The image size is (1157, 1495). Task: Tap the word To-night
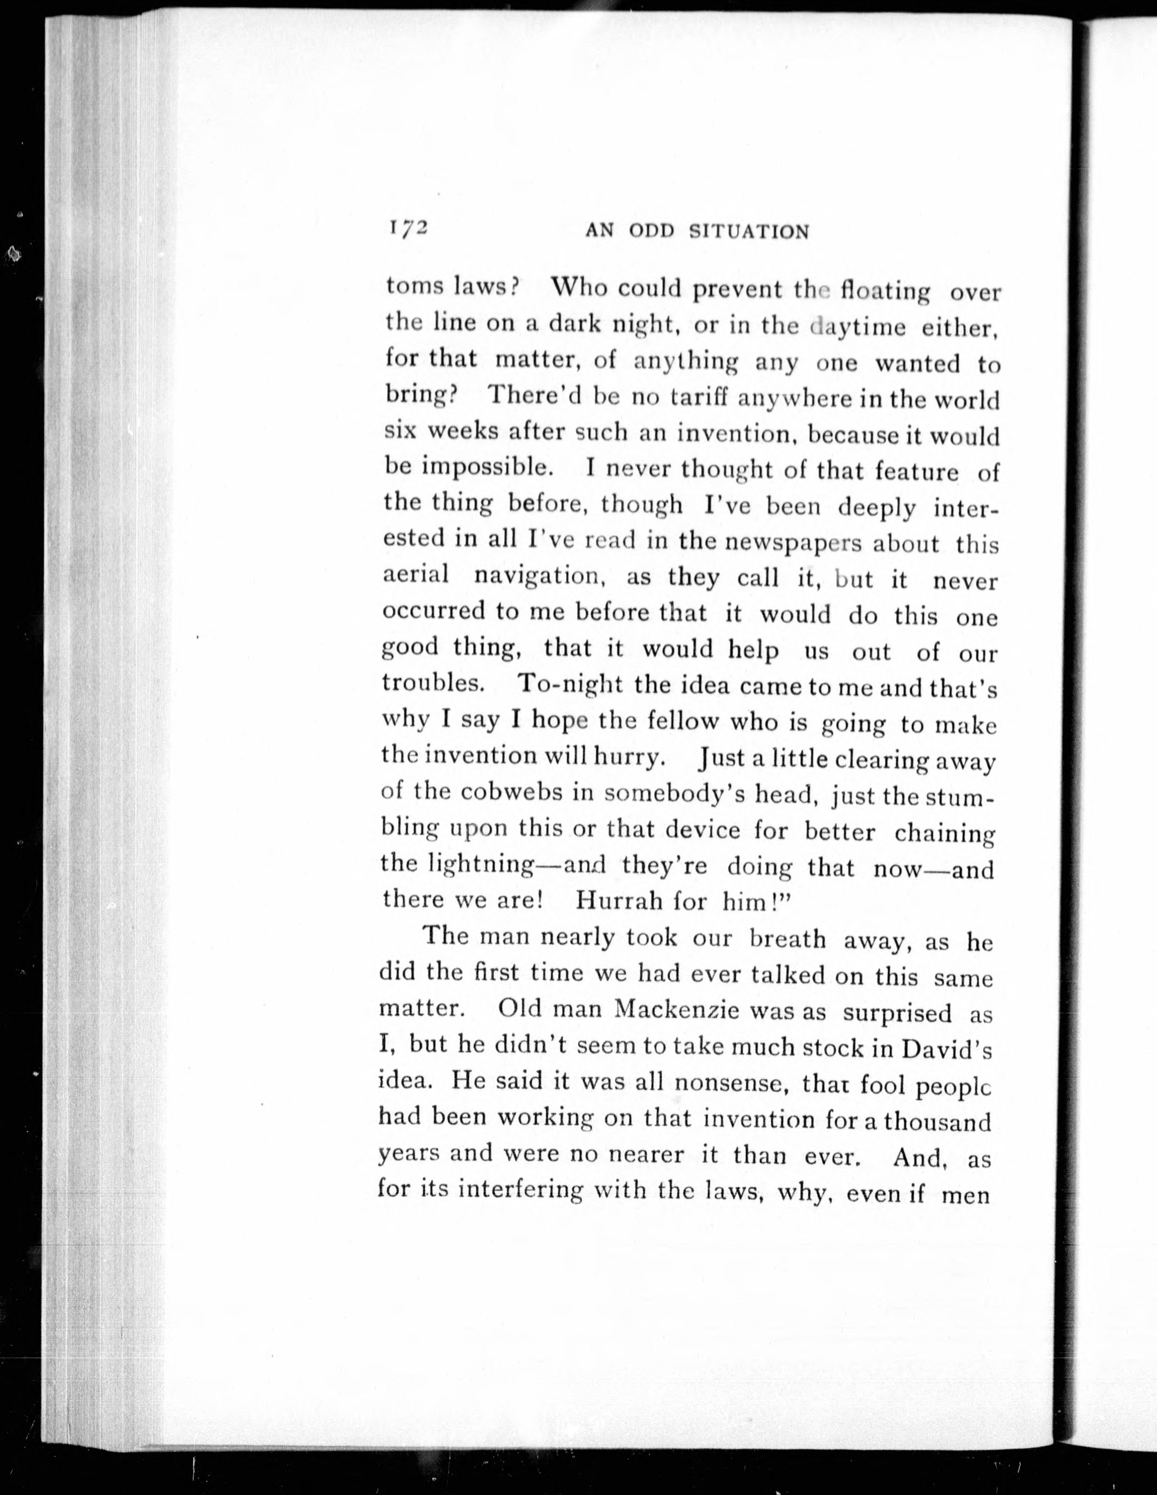571,684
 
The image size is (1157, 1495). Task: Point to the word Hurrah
629,900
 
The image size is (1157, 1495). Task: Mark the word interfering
520,1192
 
